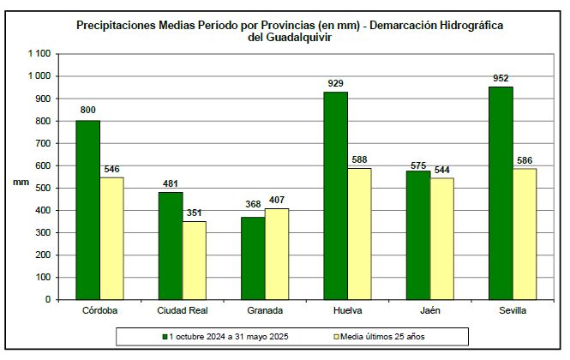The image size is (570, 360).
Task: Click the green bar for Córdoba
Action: tap(87, 210)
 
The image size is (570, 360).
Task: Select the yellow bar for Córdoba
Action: tap(111, 238)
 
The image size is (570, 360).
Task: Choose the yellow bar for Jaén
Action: tap(442, 239)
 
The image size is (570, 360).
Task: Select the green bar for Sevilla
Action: tap(501, 193)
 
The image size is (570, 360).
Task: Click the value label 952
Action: tap(501, 79)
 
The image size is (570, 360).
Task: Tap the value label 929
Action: tap(335, 84)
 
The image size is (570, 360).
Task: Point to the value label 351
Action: tap(195, 213)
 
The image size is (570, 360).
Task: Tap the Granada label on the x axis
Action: tap(264, 311)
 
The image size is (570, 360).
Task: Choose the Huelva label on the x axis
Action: tap(347, 311)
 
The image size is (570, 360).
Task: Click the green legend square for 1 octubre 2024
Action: tap(165, 336)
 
